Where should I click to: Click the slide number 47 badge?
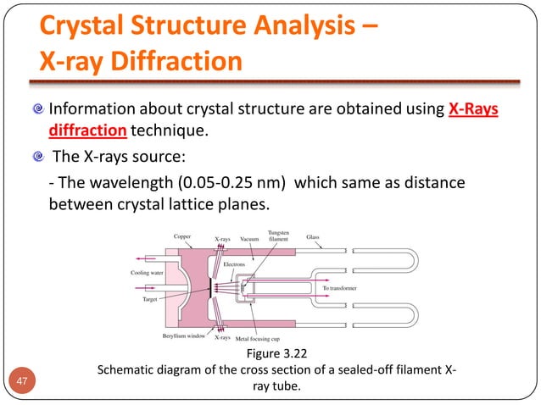[26, 381]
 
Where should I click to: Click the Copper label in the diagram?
[182, 237]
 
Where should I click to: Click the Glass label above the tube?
[313, 237]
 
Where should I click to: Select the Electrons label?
[234, 264]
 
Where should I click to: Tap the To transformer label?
[341, 288]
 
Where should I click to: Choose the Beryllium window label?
[185, 336]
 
